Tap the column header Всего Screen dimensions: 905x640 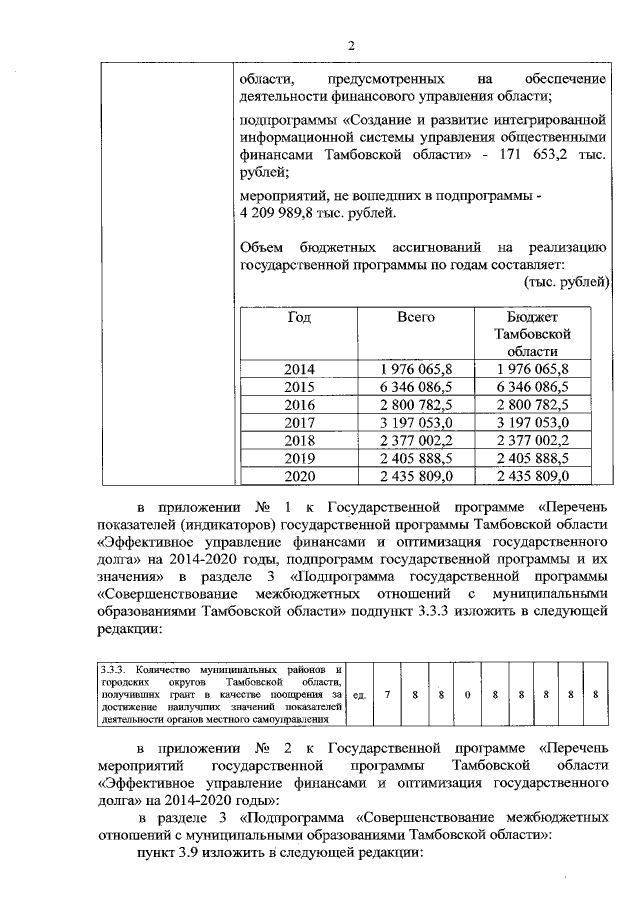tap(415, 317)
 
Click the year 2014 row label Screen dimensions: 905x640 tap(299, 368)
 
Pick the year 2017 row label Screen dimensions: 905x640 tap(299, 422)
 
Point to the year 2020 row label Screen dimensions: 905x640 tap(299, 476)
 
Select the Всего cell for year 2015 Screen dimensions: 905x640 tap(416, 386)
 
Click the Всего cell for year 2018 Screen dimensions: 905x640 tap(416, 440)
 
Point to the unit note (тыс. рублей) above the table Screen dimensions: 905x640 tap(566, 282)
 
